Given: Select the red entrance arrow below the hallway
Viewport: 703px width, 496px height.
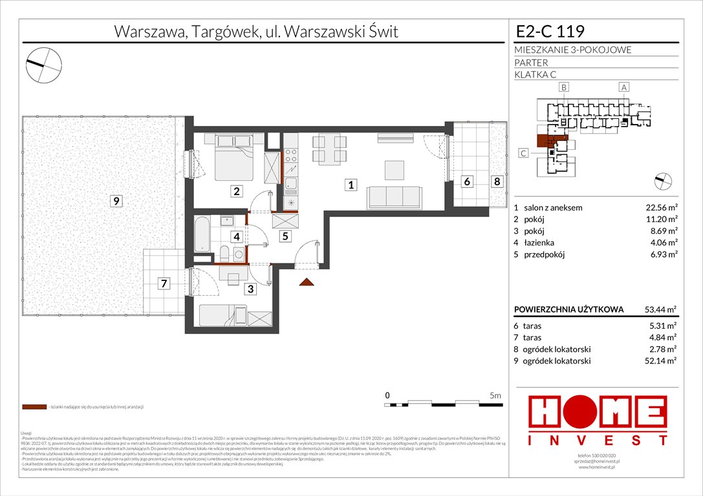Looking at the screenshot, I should (x=307, y=281).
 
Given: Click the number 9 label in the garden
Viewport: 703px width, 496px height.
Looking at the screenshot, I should (x=115, y=201).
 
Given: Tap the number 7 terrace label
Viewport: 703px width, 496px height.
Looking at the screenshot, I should (x=165, y=283).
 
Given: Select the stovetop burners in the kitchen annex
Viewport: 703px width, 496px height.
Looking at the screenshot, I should (x=291, y=154).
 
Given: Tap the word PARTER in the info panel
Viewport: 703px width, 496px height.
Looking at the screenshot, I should (x=531, y=63).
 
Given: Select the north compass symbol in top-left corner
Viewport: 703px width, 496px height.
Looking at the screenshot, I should (x=43, y=63).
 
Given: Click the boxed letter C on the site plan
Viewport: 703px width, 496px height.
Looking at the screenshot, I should (x=523, y=153).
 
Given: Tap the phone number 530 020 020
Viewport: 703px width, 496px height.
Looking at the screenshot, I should (x=598, y=457).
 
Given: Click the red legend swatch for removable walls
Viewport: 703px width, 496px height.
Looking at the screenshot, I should (x=34, y=407).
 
